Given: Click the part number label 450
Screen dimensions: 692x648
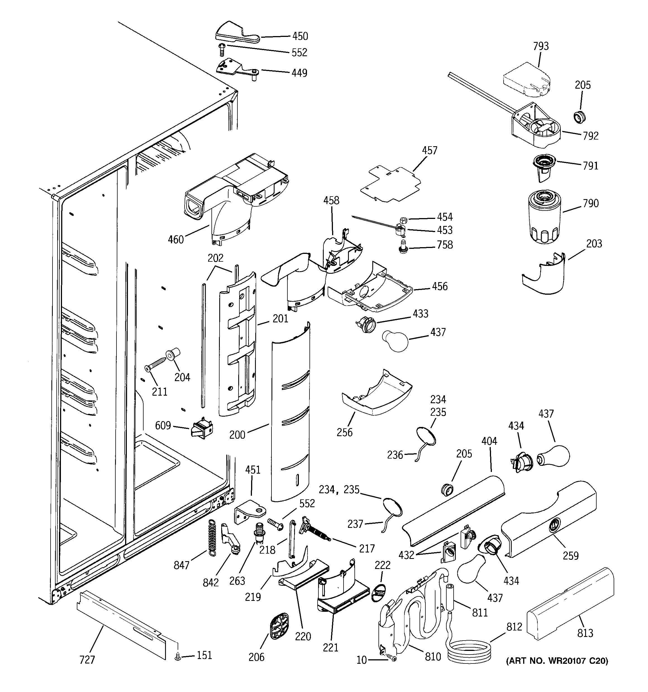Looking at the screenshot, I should click(x=299, y=36).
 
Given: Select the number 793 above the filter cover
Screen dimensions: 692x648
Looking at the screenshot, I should click(x=540, y=46).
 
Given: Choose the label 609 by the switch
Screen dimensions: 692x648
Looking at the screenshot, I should click(x=163, y=425).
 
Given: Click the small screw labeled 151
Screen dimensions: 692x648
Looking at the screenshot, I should click(x=178, y=656).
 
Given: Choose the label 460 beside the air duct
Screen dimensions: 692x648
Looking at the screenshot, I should click(x=176, y=240).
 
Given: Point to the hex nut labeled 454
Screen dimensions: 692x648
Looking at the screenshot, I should click(x=404, y=220).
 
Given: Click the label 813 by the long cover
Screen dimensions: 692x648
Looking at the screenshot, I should click(x=585, y=633).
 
